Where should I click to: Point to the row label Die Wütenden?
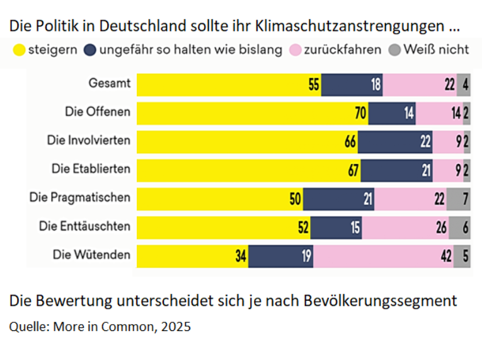pyautogui.click(x=91, y=255)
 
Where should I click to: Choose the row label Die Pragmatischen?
pyautogui.click(x=79, y=197)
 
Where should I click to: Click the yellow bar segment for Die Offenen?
pyautogui.click(x=252, y=113)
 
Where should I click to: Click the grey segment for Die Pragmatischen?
pyautogui.click(x=459, y=199)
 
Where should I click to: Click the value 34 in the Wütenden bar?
pyautogui.click(x=240, y=256)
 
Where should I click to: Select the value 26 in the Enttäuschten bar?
pyautogui.click(x=441, y=228)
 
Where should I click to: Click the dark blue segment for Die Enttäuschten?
pyautogui.click(x=336, y=228)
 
